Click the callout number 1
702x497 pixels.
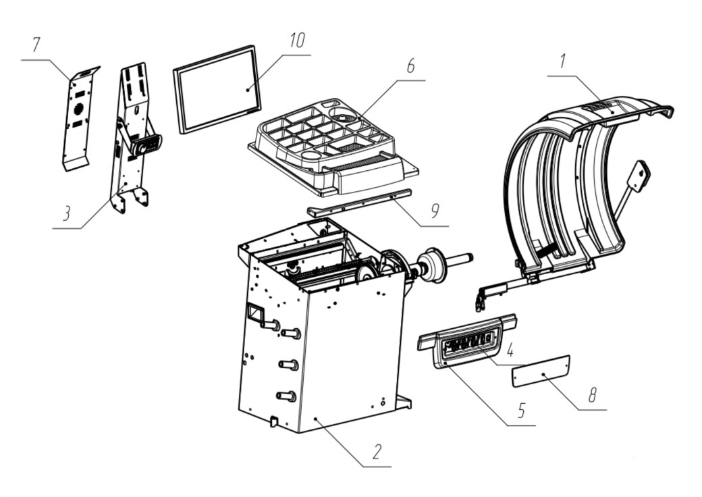pos(563,61)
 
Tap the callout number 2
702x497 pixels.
pos(377,452)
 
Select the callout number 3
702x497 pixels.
pos(67,213)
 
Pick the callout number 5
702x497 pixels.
pos(521,410)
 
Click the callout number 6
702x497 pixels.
pos(410,66)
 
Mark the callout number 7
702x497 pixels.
pos(36,45)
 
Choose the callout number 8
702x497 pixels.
pos(593,395)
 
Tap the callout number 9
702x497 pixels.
pos(435,211)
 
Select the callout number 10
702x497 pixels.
pos(297,40)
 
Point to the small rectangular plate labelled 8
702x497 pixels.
pos(541,371)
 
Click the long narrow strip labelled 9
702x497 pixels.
pos(359,203)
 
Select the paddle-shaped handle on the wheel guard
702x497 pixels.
pos(637,176)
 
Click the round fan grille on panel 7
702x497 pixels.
pos(79,108)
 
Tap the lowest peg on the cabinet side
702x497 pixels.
pos(287,396)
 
